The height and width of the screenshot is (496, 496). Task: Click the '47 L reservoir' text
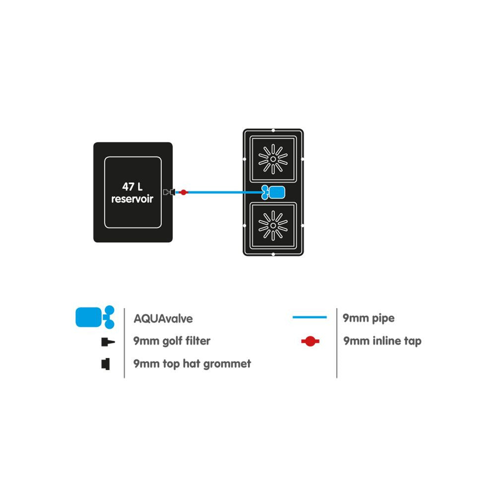point(132,192)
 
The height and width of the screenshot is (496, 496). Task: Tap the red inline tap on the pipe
point(183,192)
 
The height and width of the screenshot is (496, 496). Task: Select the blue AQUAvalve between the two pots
point(273,192)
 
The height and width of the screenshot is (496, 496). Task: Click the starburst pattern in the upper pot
point(273,159)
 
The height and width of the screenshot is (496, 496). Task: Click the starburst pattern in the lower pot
point(273,226)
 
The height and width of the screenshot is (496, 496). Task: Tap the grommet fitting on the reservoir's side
point(169,192)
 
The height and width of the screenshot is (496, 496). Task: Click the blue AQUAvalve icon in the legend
point(95,317)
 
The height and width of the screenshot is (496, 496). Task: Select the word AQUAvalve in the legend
point(163,318)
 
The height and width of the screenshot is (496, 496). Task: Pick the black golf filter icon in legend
point(108,342)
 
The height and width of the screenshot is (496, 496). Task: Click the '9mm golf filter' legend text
point(172,341)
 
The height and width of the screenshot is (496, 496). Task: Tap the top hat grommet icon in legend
point(106,364)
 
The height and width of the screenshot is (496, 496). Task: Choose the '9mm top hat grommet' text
point(192,364)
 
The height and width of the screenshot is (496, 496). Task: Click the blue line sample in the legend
point(310,317)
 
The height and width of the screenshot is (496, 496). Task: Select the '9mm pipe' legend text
point(369,318)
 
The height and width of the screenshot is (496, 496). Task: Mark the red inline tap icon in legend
point(310,341)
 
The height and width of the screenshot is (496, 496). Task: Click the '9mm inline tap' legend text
point(382,341)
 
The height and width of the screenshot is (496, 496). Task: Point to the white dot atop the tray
point(273,130)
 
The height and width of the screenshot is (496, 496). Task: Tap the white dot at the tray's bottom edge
point(273,254)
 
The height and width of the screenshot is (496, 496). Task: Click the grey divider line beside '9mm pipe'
point(337,343)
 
